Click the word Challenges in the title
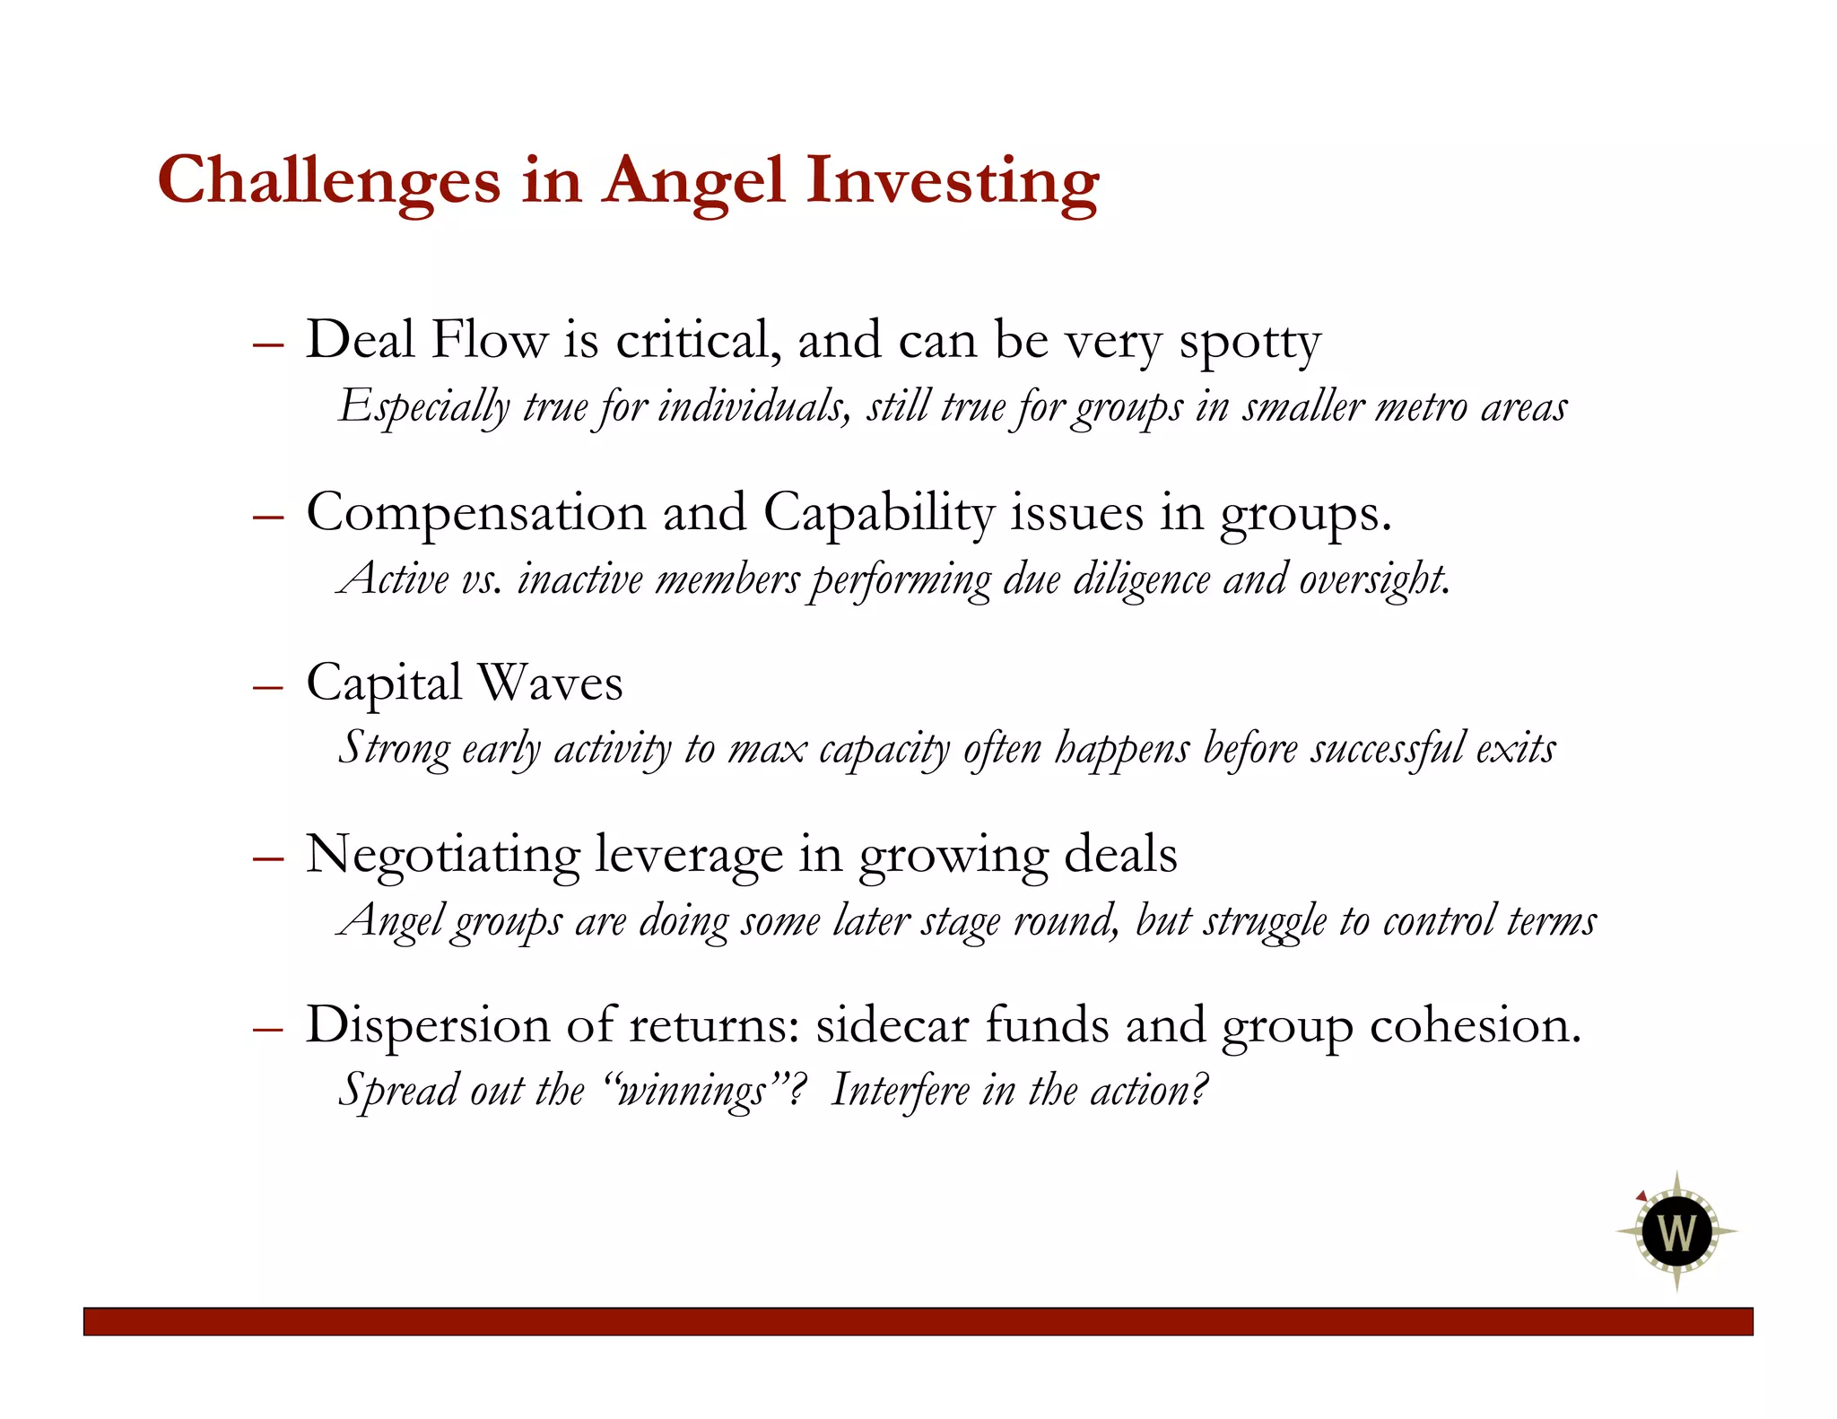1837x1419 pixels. point(328,181)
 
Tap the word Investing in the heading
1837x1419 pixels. point(952,181)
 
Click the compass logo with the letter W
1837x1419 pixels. point(1676,1231)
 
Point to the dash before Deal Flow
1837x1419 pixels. point(268,344)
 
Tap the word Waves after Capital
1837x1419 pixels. point(550,683)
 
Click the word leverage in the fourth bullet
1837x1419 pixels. point(689,855)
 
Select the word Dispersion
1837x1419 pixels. point(427,1024)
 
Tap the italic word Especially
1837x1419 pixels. point(424,408)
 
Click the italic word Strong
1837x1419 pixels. point(393,749)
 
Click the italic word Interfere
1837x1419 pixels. point(901,1092)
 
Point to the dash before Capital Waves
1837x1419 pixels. point(268,687)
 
